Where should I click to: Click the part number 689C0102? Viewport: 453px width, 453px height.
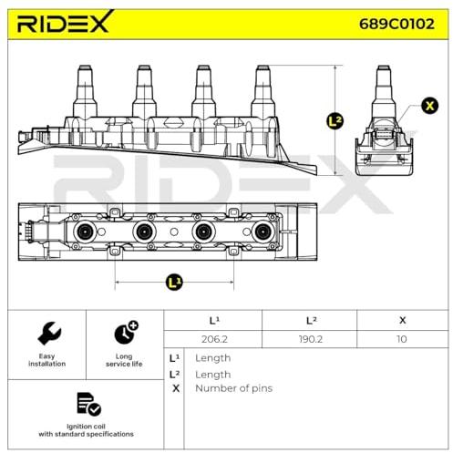(x=396, y=24)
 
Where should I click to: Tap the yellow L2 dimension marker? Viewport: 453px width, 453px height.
(x=335, y=121)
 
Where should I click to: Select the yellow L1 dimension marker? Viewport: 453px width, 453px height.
(x=174, y=283)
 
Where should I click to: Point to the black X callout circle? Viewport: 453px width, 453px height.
(x=429, y=106)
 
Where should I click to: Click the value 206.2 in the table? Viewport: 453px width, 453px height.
(x=214, y=339)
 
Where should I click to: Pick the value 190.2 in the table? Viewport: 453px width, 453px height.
(x=310, y=339)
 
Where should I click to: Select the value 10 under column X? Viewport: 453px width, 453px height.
(x=402, y=339)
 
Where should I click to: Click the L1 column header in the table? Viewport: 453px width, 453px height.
(x=214, y=320)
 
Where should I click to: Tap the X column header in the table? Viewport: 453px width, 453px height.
(x=403, y=320)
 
